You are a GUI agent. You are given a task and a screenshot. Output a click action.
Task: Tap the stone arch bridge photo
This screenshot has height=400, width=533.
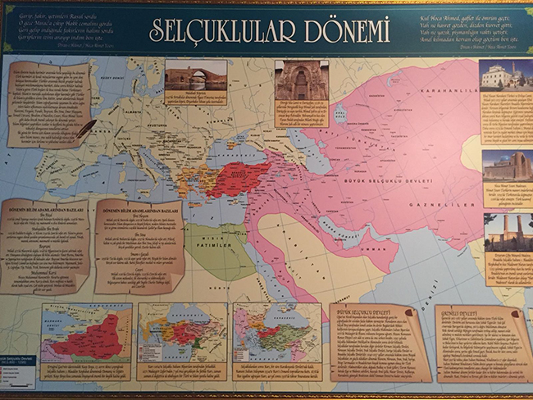coord(195,75)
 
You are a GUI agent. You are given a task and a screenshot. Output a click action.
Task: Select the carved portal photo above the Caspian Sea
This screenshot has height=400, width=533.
coord(300,80)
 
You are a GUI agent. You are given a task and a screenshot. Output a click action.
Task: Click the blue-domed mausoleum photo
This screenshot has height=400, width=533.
coord(505,166)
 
